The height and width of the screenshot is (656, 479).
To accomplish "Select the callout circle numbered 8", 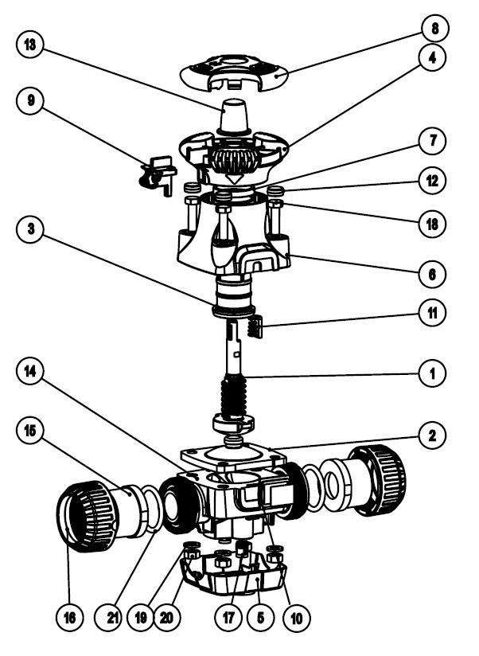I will pos(433,29).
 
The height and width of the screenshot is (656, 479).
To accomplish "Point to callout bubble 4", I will pos(433,59).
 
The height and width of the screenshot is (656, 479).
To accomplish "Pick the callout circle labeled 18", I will pos(433,225).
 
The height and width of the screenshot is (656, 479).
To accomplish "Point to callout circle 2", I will pos(433,435).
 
